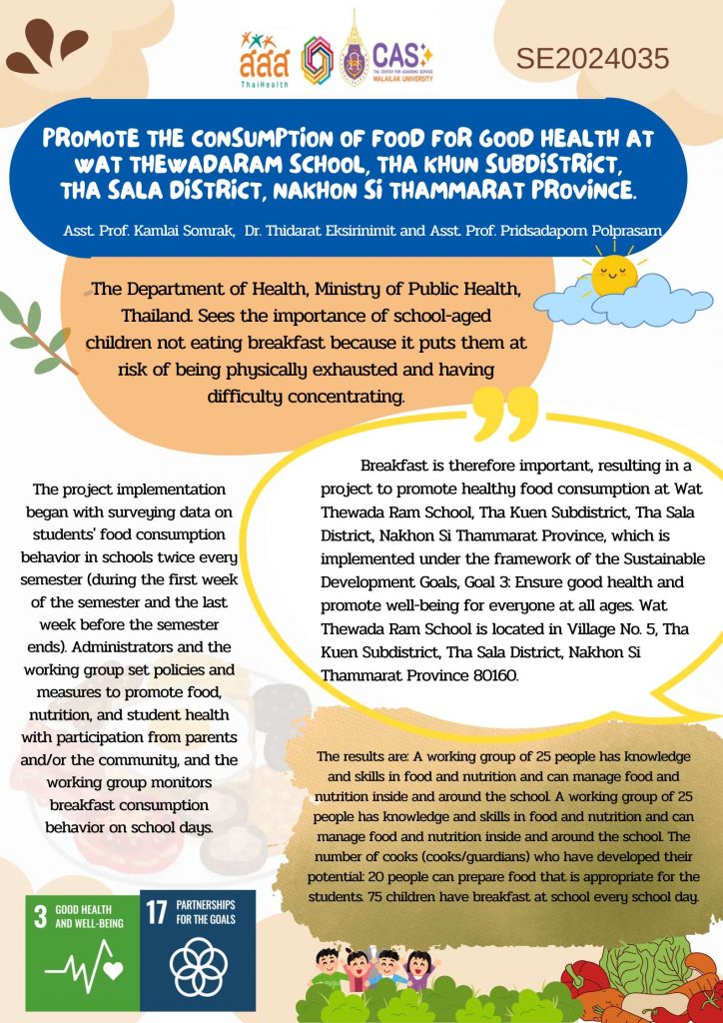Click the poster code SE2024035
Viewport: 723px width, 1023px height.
pos(592,59)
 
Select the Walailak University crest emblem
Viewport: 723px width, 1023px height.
pos(353,52)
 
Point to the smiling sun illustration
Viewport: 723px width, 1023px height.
pos(612,274)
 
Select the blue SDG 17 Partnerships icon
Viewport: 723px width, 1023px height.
pos(198,949)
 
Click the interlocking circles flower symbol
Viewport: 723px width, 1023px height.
pos(198,970)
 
